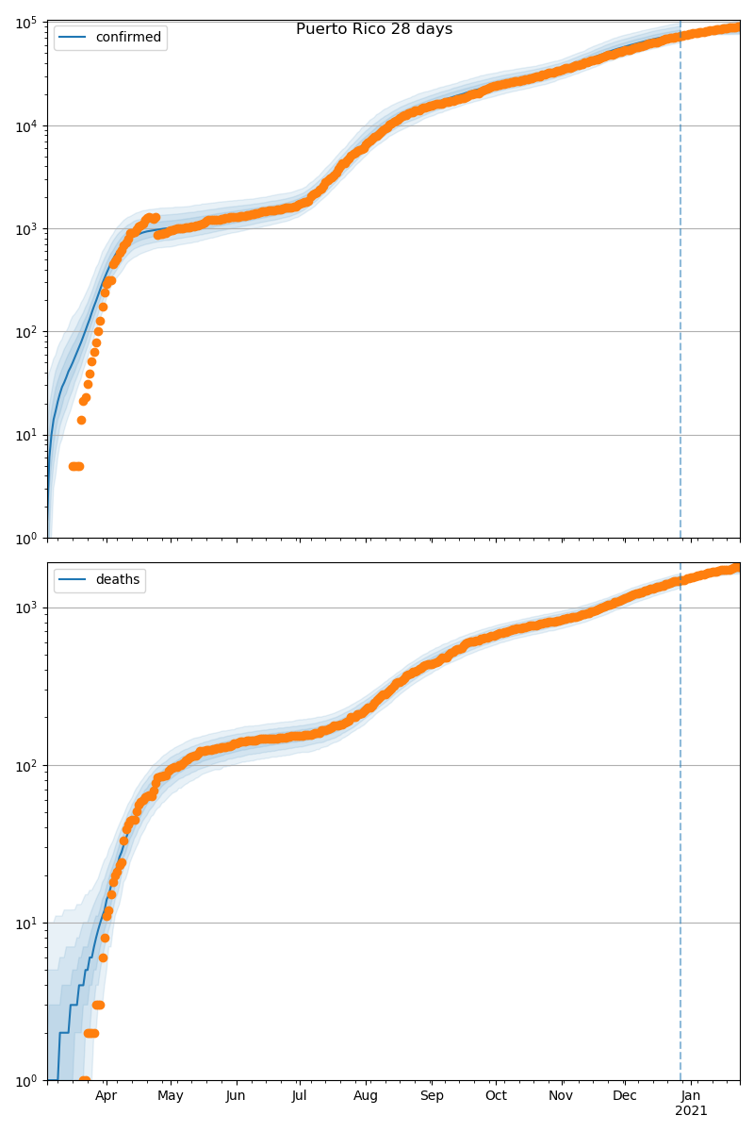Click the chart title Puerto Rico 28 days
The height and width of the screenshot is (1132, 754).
374,29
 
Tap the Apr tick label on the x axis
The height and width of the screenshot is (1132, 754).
106,1096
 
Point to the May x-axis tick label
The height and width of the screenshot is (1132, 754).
171,1096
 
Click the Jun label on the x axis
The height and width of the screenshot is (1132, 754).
236,1096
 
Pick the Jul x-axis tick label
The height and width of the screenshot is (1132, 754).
300,1096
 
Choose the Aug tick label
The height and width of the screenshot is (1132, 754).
366,1096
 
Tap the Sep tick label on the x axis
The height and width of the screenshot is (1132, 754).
432,1096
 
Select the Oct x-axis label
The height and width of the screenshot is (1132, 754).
496,1096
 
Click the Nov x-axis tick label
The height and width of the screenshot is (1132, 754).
561,1096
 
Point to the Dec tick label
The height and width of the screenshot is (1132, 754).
625,1096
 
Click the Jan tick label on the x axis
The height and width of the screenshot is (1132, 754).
691,1096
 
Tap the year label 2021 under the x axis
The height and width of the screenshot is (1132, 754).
691,1111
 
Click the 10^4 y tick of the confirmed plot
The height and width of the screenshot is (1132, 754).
23,125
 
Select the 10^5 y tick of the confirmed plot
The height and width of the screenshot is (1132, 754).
23,23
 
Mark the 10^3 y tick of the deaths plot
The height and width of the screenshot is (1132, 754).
23,608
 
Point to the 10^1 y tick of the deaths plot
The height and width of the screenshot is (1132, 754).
23,923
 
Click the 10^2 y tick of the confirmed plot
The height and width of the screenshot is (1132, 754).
23,332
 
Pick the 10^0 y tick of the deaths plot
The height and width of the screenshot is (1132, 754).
23,1080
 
